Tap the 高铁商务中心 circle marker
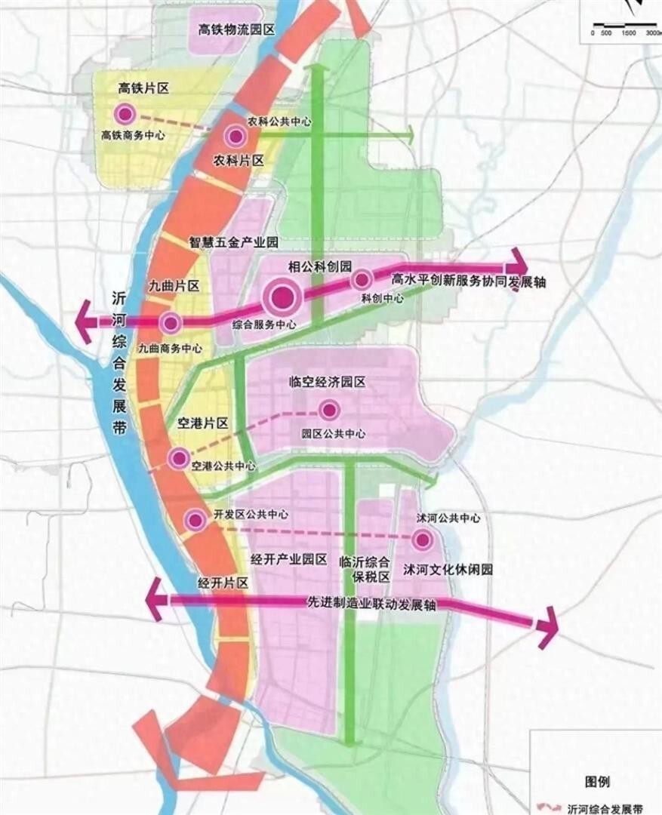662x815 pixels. click(x=125, y=115)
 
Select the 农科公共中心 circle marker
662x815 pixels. click(x=236, y=137)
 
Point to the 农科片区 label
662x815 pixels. click(x=237, y=161)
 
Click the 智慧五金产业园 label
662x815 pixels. click(x=234, y=242)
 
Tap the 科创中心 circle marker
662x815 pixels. click(x=363, y=281)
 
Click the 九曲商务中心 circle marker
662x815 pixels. click(x=171, y=323)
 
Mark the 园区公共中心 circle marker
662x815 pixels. click(x=329, y=411)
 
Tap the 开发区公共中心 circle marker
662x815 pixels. click(x=196, y=520)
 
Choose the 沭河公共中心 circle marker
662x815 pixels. click(x=422, y=540)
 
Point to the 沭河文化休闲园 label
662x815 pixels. click(x=448, y=570)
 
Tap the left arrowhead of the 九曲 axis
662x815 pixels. click(x=85, y=321)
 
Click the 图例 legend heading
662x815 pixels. click(x=597, y=781)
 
